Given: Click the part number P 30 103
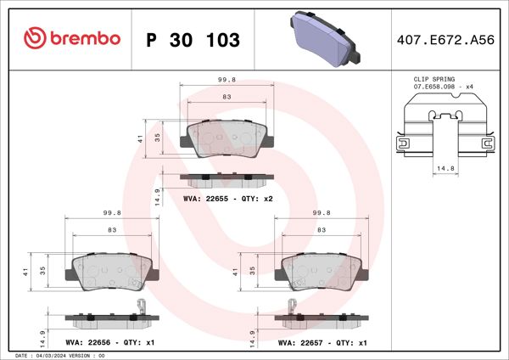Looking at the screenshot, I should click(x=193, y=40).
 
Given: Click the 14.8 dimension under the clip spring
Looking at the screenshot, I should click(x=441, y=169).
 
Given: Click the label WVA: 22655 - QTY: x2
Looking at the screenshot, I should click(x=227, y=198).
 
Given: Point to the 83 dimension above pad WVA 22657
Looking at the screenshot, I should click(x=322, y=230).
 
